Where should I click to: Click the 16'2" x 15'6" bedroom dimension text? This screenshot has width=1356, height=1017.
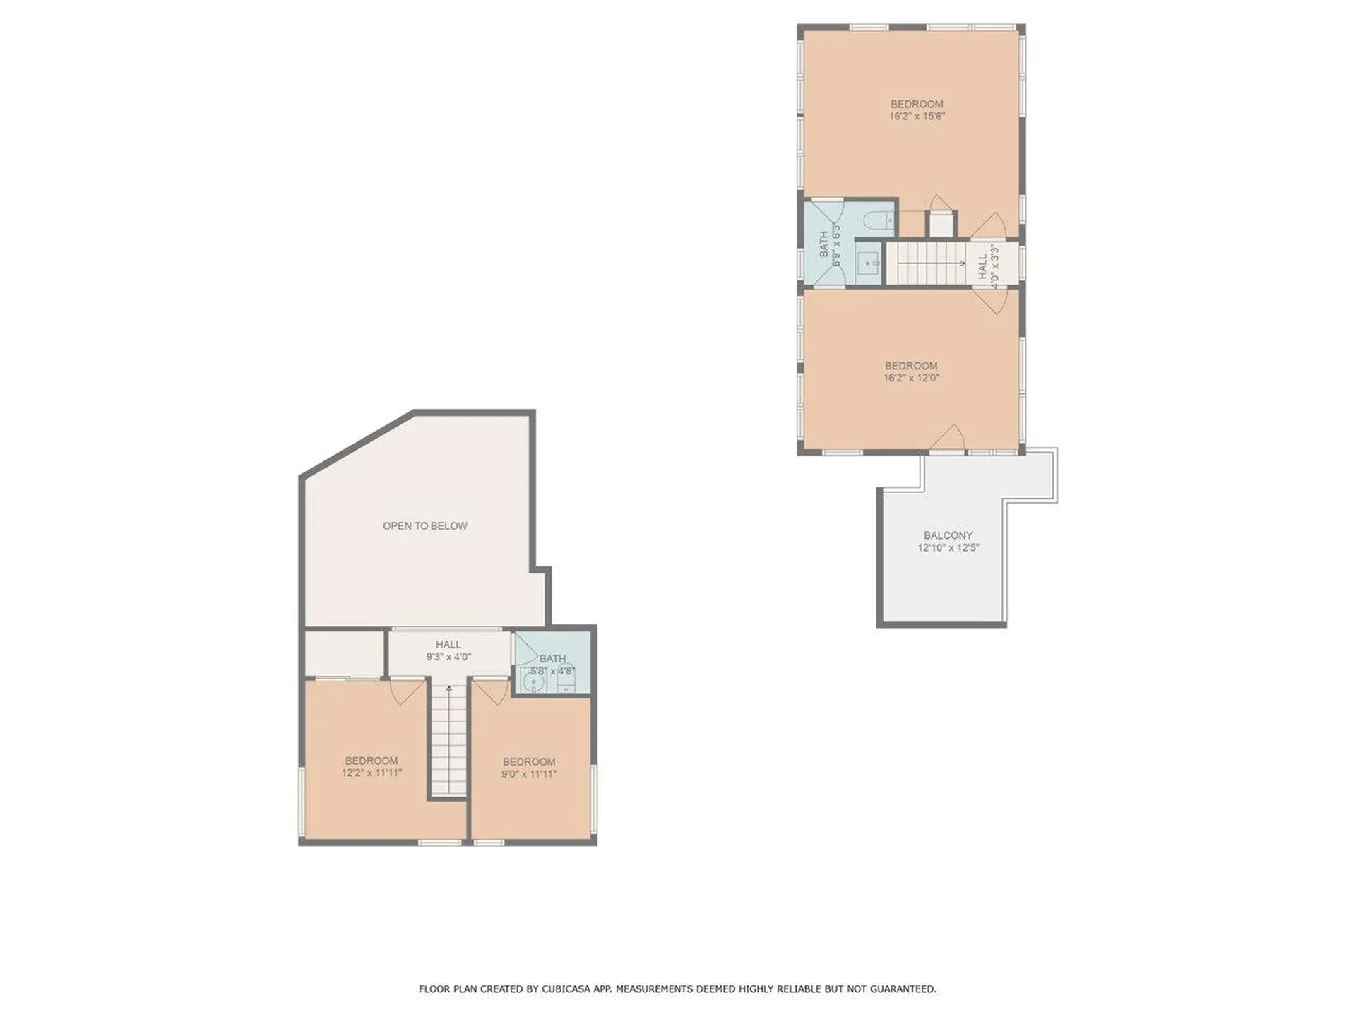[x=917, y=117]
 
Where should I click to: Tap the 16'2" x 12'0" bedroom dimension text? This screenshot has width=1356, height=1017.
[x=911, y=378]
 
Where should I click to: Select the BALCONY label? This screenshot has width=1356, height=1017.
[x=948, y=535]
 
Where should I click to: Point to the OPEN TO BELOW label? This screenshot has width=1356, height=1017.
[x=425, y=525]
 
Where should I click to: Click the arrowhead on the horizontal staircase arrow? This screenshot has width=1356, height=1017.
[x=963, y=263]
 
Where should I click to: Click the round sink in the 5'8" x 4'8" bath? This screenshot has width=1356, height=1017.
[x=534, y=680]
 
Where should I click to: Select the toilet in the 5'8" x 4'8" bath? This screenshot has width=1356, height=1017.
[x=566, y=679]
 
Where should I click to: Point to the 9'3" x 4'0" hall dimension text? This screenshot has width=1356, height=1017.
[x=448, y=657]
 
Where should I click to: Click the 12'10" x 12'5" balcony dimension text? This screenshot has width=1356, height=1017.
[x=948, y=547]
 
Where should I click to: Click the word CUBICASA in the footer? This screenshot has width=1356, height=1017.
[x=566, y=989]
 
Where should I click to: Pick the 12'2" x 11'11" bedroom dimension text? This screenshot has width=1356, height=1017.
[x=371, y=773]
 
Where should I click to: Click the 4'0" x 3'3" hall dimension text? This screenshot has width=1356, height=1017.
[x=994, y=266]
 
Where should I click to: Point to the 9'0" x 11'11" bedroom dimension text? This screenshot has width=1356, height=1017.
[x=529, y=773]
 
